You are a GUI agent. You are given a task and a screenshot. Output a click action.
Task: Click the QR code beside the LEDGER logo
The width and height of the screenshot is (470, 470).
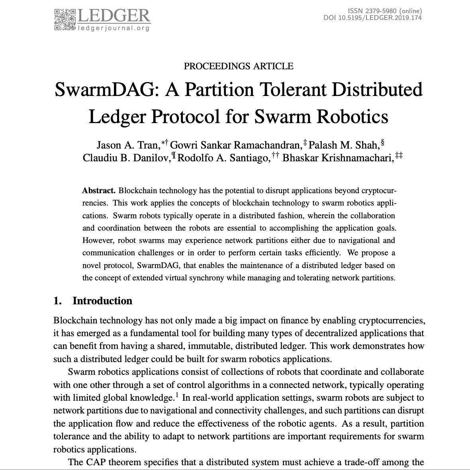[65, 19]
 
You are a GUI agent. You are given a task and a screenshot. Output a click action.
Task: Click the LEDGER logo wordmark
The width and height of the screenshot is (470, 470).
[114, 16]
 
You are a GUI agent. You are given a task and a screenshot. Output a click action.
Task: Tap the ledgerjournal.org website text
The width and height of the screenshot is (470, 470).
[114, 28]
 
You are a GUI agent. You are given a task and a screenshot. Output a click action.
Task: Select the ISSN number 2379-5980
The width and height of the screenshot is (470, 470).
[376, 11]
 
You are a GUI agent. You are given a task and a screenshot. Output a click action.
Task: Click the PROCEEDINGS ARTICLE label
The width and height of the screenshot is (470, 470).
[239, 66]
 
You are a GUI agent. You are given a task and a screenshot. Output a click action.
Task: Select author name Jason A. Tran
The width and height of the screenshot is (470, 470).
[127, 145]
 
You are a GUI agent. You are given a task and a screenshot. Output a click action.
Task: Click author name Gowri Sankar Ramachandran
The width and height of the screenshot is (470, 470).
[235, 145]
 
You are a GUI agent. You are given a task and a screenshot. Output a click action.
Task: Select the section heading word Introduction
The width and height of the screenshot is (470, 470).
[102, 301]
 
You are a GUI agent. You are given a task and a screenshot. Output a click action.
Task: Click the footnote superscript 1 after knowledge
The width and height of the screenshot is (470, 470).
[177, 395]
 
